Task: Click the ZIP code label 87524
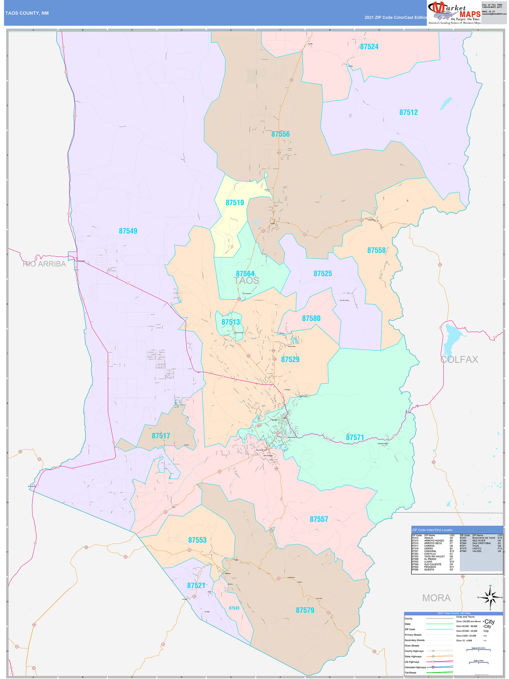tap(369, 47)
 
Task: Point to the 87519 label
tap(235, 203)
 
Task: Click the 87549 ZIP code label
tap(128, 231)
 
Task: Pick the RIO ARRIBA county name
tap(44, 264)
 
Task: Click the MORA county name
tap(436, 598)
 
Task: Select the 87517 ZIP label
tap(161, 436)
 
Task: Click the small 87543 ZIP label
tap(234, 608)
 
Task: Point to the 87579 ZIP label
tap(305, 610)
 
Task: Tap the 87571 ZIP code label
tap(355, 437)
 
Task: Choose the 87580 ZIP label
tap(311, 318)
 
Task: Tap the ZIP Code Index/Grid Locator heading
tap(432, 530)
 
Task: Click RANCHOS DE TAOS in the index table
tap(483, 538)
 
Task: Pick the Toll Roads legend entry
tap(410, 672)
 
